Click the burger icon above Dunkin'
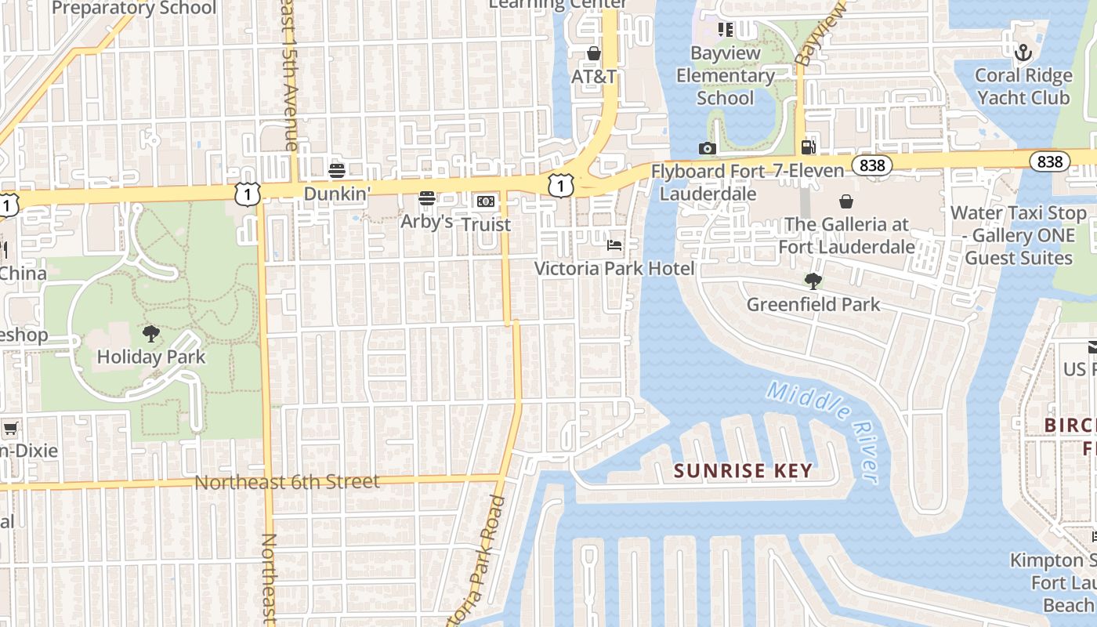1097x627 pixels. pos(337,171)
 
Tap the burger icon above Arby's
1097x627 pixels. pos(427,198)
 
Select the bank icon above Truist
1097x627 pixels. pos(486,201)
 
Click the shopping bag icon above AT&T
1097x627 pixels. pos(594,53)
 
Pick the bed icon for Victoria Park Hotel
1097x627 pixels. pos(614,245)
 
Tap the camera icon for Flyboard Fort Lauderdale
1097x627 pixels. pos(707,148)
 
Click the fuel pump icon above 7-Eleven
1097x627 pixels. pos(808,147)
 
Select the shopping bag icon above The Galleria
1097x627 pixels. pos(846,201)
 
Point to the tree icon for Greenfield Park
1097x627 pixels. pos(813,281)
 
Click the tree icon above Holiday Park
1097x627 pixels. pos(151,334)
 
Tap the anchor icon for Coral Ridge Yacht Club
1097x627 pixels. pos(1023,53)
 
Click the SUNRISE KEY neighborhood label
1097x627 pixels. pos(743,471)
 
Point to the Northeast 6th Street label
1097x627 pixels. pos(287,482)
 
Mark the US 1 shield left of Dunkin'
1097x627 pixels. pos(247,193)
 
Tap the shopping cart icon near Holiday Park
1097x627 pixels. pos(10,428)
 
